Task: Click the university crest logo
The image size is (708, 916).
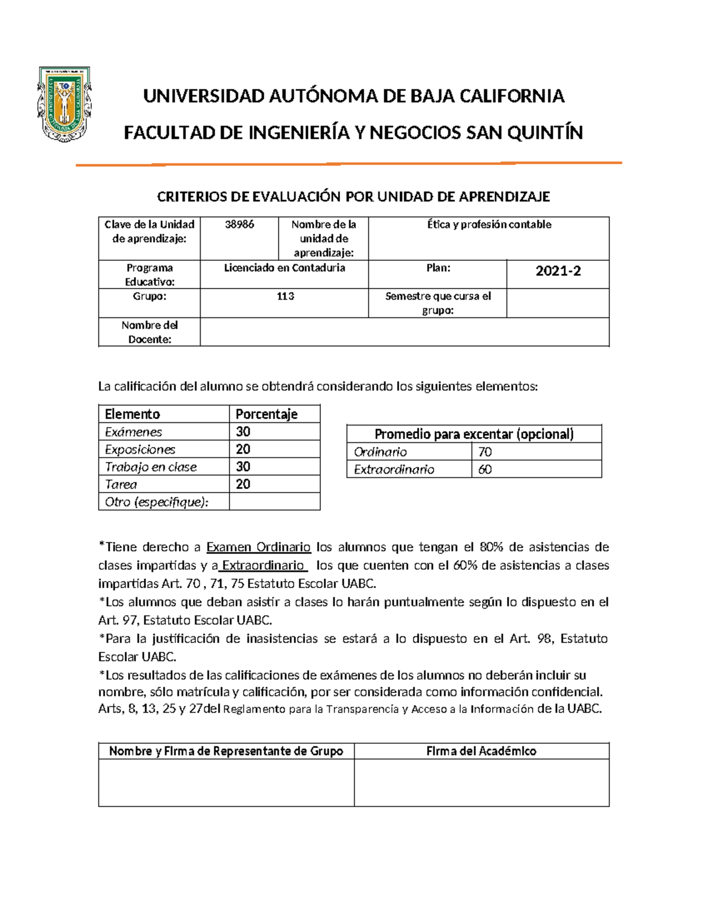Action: (64, 104)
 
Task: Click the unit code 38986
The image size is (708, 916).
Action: (240, 225)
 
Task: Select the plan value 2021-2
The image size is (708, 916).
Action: (558, 271)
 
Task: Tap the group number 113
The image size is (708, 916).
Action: (285, 296)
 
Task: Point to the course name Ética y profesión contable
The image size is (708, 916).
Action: (489, 225)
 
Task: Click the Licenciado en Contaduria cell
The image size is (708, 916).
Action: (284, 268)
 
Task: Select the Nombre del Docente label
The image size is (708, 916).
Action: (149, 332)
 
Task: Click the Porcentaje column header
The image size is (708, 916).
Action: (266, 414)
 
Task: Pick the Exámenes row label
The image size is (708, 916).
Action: (133, 432)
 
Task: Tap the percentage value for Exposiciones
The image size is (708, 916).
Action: (243, 449)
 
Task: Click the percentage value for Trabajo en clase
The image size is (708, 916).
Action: (243, 467)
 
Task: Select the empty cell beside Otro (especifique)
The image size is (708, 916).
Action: (274, 502)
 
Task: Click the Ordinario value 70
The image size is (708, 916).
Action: (485, 452)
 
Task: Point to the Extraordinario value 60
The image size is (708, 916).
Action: (485, 470)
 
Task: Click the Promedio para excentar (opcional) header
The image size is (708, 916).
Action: (474, 434)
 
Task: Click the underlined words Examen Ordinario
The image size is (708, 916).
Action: (258, 547)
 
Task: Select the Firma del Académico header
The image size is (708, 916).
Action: (481, 751)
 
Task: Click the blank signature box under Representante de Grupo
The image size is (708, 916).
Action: (226, 782)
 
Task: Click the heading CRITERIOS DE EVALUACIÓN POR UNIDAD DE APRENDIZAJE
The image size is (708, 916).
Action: (353, 197)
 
